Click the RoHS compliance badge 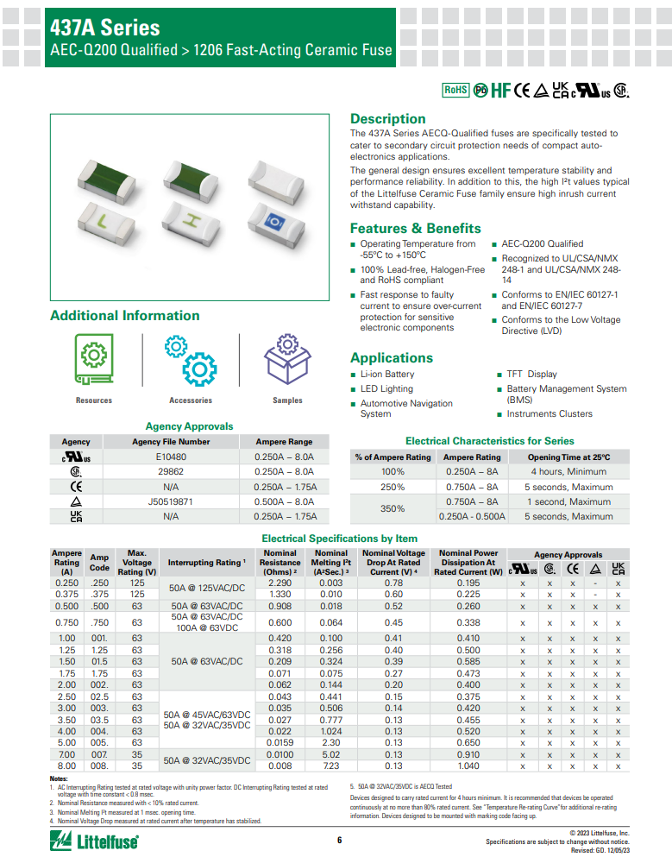[455, 90]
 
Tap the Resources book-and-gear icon [93, 361]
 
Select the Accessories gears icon [191, 359]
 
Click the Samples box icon [287, 359]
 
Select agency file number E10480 [171, 457]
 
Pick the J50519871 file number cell [171, 501]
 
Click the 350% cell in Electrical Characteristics [393, 508]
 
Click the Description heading [387, 118]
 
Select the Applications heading [391, 357]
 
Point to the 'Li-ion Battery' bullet [386, 375]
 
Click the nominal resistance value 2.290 [279, 583]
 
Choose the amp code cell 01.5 [100, 661]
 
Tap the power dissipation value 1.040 [469, 766]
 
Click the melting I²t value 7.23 [331, 766]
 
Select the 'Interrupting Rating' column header [204, 563]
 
